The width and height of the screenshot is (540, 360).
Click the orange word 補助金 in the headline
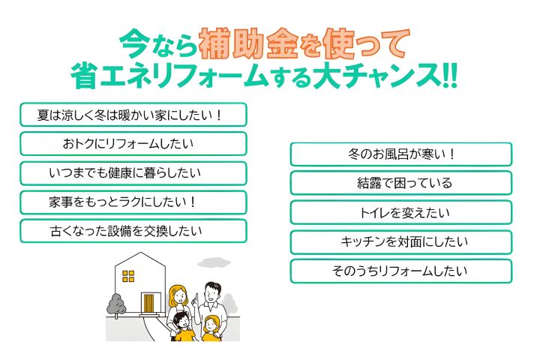click(248, 43)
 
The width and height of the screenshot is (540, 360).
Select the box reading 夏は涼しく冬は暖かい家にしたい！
click(133, 115)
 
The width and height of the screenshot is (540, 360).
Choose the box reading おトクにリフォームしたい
click(133, 144)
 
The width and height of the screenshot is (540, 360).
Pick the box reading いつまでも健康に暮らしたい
click(133, 173)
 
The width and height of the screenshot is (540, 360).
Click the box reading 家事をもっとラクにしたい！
click(133, 202)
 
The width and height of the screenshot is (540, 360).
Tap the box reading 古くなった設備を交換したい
click(133, 231)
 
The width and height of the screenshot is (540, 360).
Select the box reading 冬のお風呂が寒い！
click(401, 154)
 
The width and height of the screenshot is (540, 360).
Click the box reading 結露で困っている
click(401, 183)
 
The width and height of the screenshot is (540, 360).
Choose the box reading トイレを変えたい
click(401, 212)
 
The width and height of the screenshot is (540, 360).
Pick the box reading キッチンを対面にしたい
click(401, 242)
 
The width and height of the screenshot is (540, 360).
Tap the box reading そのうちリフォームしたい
click(401, 271)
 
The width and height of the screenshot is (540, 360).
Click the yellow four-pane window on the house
click(128, 276)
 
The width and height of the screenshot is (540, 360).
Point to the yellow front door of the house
click(148, 303)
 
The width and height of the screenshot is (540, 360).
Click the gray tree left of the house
click(116, 305)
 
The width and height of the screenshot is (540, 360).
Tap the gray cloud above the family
click(214, 262)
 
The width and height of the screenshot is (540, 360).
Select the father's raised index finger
click(197, 298)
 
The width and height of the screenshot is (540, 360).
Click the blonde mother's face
click(179, 296)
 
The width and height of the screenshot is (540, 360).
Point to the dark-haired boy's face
click(181, 322)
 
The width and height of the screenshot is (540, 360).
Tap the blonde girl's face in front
click(210, 325)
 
